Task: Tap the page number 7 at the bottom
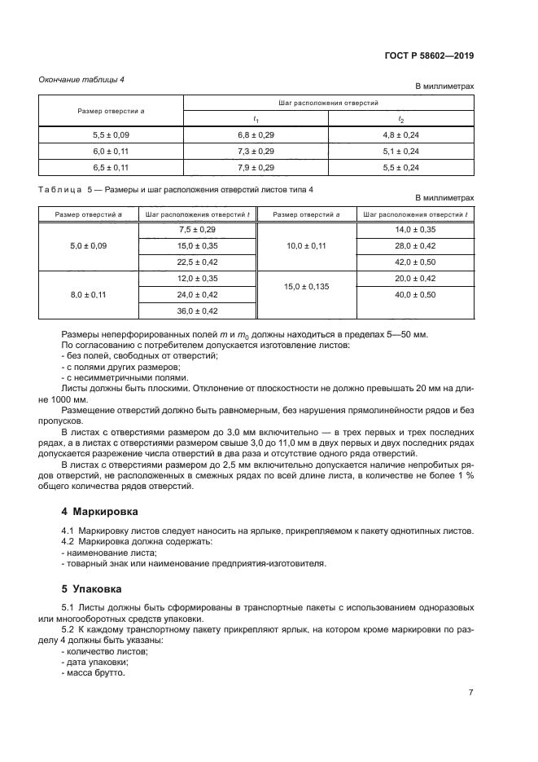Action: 470,692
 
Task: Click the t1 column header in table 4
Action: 256,119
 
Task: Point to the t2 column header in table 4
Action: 400,119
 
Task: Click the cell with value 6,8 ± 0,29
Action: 256,135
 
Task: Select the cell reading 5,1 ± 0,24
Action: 400,151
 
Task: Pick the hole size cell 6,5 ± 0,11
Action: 111,167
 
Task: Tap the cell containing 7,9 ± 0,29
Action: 256,167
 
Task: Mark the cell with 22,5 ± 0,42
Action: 197,262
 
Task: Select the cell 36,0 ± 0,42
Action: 197,311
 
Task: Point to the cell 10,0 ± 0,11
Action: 307,245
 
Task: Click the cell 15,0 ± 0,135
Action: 307,286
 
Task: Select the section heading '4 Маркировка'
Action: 100,512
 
